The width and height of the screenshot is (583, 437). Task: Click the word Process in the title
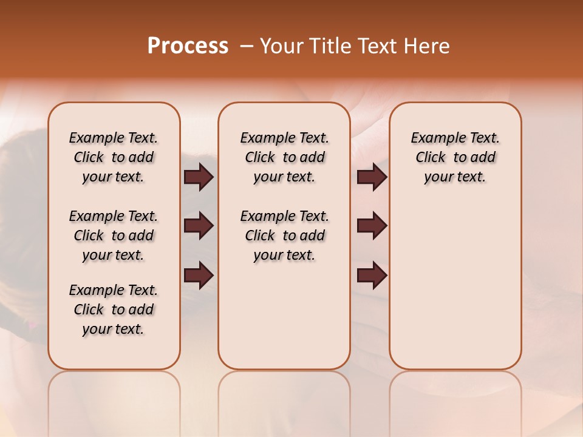(x=188, y=46)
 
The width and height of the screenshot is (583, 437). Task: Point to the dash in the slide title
(x=246, y=47)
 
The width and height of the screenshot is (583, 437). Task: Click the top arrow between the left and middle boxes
(x=199, y=177)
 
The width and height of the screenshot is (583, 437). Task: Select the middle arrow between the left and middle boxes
(x=199, y=226)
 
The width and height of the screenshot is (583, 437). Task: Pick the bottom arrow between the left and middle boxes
(x=199, y=276)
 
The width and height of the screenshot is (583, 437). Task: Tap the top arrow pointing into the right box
(x=372, y=177)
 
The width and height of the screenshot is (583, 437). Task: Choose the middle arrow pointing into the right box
(x=372, y=226)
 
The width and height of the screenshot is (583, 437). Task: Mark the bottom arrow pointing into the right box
(x=372, y=276)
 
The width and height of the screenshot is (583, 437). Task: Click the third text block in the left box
(x=114, y=310)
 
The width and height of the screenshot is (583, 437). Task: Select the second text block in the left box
(x=114, y=235)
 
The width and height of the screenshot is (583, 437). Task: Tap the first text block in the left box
(x=114, y=157)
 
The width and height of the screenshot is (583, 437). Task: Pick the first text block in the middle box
(x=284, y=157)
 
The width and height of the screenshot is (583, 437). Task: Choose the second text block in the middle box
(x=284, y=235)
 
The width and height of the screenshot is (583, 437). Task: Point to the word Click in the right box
(x=431, y=157)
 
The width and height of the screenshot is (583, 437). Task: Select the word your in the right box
(x=438, y=177)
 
